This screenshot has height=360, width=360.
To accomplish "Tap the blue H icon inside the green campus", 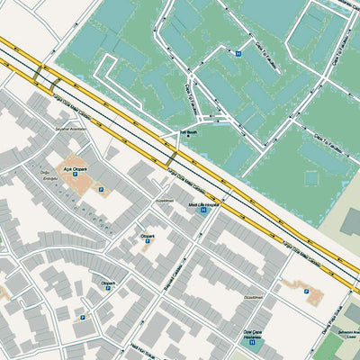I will coord(238,54).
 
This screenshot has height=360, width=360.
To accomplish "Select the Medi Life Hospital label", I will coord(203,205).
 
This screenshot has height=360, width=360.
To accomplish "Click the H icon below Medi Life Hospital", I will coord(204,214).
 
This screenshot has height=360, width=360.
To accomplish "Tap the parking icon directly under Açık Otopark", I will coord(100,190).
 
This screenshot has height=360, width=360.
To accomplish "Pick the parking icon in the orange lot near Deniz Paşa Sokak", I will coord(307,292).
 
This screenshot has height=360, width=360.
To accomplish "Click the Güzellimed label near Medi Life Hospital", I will coord(164,201).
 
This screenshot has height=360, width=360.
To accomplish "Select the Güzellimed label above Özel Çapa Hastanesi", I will coord(253,296).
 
